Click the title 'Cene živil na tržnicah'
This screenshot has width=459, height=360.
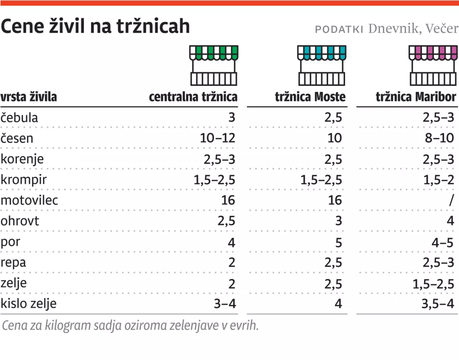pyautogui.click(x=95, y=27)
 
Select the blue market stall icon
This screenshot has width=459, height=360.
pyautogui.click(x=321, y=65)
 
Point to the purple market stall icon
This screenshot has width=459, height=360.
pyautogui.click(x=433, y=65)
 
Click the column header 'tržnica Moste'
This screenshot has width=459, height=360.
pyautogui.click(x=310, y=97)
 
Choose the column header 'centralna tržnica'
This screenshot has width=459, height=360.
pyautogui.click(x=193, y=97)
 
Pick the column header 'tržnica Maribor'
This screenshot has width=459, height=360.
pyautogui.click(x=416, y=97)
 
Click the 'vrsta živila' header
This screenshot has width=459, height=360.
pyautogui.click(x=29, y=97)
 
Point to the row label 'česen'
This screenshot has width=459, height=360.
pyautogui.click(x=17, y=138)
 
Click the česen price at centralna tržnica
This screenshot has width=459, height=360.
pyautogui.click(x=218, y=138)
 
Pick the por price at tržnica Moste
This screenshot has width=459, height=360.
pyautogui.click(x=339, y=242)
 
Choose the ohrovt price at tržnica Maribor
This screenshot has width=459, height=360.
pyautogui.click(x=450, y=221)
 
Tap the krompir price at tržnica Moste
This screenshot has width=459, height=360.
pyautogui.click(x=321, y=180)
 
